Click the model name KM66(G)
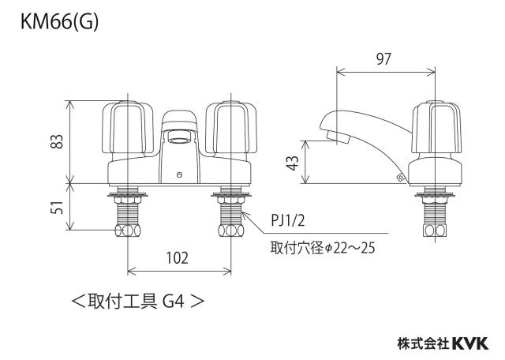click(x=59, y=23)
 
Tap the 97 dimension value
click(x=383, y=59)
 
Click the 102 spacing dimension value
click(x=177, y=258)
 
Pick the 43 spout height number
click(x=293, y=163)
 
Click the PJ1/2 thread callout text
click(x=287, y=221)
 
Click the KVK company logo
click(x=470, y=343)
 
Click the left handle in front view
click(x=128, y=127)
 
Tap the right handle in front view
click(x=231, y=127)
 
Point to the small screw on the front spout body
click(x=179, y=175)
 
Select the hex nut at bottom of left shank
click(x=128, y=230)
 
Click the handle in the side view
click(x=436, y=127)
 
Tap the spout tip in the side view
click(x=339, y=137)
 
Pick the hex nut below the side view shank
click(x=435, y=230)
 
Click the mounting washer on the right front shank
click(x=231, y=195)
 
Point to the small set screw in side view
click(x=400, y=177)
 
